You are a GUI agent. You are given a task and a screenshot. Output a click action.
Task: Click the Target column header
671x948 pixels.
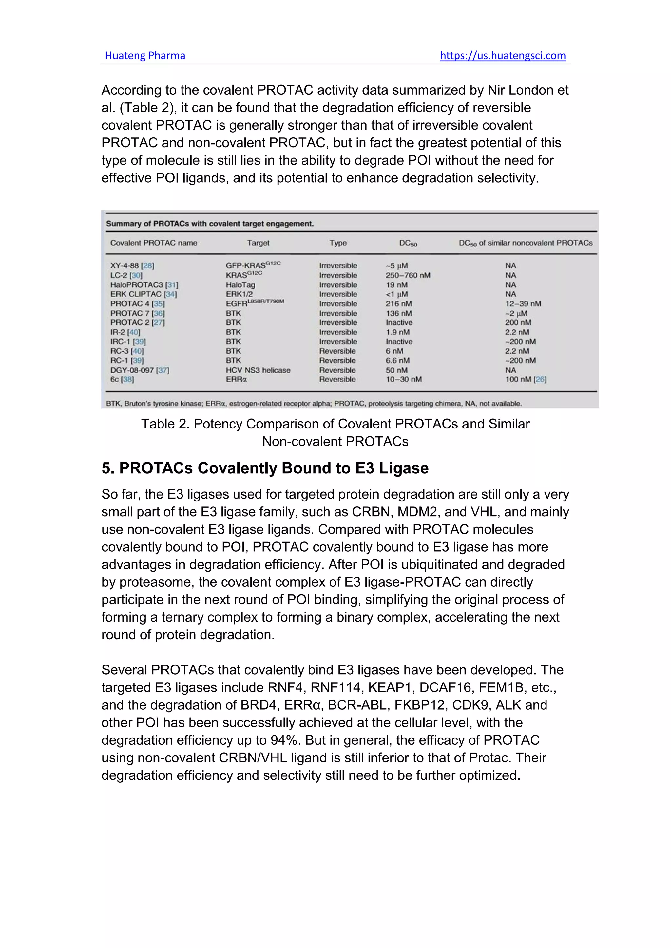coord(258,243)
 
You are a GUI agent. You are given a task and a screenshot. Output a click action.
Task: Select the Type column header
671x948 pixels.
coord(338,243)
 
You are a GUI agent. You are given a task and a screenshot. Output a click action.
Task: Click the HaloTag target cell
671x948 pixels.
coord(240,285)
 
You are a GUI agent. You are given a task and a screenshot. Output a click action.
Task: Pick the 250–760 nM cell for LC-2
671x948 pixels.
coord(408,275)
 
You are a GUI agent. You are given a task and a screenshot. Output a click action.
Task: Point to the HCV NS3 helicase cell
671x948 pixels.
coord(258,370)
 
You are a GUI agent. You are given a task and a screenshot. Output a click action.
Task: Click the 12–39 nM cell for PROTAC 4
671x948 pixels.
coord(523,303)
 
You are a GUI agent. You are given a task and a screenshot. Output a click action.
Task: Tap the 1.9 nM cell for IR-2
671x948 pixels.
coord(397,332)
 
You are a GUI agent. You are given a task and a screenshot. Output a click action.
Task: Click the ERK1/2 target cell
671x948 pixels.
coord(239,294)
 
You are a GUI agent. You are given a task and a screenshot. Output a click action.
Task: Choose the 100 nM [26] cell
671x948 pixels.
coord(526,379)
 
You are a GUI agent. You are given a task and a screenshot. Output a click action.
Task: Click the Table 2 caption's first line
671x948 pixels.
coord(335,424)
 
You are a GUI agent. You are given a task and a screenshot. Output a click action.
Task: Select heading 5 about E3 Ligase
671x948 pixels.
coord(265,468)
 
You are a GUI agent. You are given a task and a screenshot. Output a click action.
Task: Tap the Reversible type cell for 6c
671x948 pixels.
coord(337,379)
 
